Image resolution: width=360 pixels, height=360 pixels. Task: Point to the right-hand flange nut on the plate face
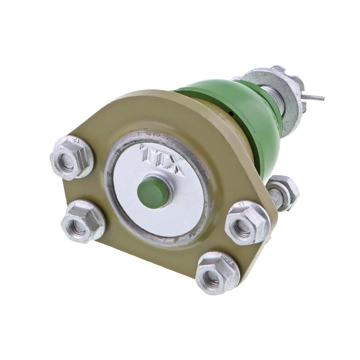(247, 223)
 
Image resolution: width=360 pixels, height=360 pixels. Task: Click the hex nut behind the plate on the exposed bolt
(284, 191)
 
